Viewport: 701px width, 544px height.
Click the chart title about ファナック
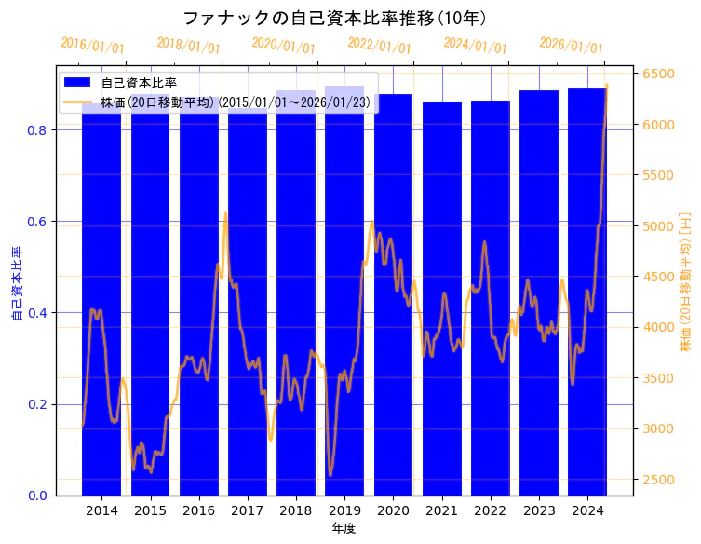tap(335, 18)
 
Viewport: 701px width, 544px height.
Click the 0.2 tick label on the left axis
tap(36, 404)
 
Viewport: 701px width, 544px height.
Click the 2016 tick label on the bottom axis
tap(198, 510)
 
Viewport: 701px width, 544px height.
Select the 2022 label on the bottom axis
tap(490, 510)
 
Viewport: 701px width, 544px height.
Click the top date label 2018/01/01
tap(188, 46)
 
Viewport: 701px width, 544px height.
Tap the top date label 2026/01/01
tap(571, 46)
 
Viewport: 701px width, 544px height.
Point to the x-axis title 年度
tap(344, 528)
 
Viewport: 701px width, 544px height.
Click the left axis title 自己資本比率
tap(16, 284)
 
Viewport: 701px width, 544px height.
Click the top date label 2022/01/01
tap(379, 46)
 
